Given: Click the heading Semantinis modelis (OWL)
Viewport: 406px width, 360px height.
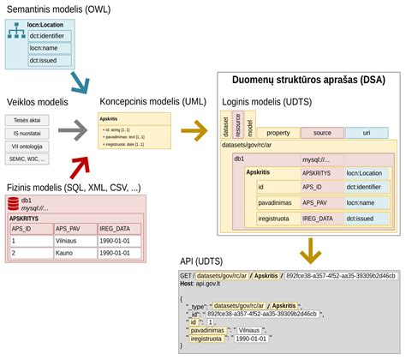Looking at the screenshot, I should (x=59, y=9).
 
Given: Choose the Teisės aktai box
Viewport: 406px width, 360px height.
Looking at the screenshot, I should (x=27, y=121).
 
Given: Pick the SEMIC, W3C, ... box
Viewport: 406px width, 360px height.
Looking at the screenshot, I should (x=27, y=159).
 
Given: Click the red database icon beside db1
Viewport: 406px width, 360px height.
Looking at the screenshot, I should (x=13, y=203).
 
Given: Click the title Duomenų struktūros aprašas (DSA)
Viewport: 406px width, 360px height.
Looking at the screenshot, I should (x=308, y=80).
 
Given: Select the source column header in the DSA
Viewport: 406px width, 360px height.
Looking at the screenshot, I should (x=322, y=133).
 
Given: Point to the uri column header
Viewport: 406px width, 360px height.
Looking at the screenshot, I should (x=366, y=133).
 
